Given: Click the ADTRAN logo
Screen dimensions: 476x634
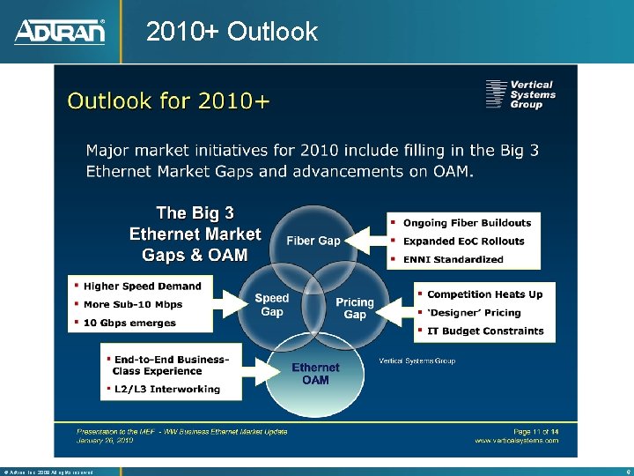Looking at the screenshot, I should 60,32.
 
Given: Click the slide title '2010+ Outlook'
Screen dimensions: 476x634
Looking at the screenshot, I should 232,32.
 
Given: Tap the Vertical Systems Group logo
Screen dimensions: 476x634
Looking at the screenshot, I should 520,94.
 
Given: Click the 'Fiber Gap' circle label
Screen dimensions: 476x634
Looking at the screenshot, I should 313,241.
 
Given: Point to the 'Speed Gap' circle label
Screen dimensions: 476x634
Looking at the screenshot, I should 272,305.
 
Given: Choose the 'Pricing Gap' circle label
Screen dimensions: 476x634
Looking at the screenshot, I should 355,309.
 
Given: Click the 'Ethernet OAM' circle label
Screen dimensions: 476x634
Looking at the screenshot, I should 315,374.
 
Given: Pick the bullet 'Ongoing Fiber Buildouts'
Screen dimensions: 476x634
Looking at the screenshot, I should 467,223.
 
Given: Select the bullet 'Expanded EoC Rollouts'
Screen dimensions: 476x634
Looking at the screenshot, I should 463,241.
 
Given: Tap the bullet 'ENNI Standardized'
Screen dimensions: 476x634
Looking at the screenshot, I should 453,259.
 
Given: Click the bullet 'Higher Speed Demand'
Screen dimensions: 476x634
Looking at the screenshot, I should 142,286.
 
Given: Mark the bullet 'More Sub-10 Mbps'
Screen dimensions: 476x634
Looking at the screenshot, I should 133,304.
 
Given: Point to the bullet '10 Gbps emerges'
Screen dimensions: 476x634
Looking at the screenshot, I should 129,323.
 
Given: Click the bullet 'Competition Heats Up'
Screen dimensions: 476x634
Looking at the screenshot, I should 484,294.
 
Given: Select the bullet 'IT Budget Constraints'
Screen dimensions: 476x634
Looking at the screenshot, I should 485,331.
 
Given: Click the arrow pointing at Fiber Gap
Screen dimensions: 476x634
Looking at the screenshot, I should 365,240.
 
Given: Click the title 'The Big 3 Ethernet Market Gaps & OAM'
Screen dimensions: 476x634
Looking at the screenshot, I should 195,234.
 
